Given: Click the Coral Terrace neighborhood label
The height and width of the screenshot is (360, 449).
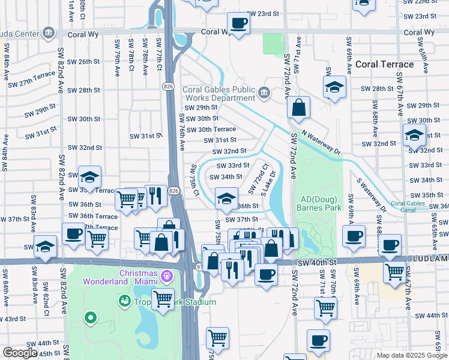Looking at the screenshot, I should tap(385, 64).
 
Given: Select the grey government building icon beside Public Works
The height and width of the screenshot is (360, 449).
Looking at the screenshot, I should tap(265, 93).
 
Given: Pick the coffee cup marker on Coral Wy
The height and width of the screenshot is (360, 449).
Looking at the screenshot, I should tap(238, 24).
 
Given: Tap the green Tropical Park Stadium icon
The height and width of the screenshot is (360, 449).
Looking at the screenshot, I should tap(125, 299).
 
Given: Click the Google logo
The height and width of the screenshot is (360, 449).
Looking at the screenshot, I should tap(20, 353).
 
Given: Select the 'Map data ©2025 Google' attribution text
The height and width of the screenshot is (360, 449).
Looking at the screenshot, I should tap(412, 356).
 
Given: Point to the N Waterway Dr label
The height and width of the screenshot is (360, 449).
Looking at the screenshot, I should tap(321, 143).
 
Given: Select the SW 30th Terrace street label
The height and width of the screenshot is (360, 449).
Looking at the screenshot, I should tap(211, 130).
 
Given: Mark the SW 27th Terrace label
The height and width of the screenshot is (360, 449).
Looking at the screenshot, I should tap(32, 80).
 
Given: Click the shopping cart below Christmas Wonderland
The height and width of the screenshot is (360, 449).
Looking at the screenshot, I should tap(163, 298).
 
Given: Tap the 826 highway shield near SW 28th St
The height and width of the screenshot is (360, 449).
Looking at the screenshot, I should tap(169, 87).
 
